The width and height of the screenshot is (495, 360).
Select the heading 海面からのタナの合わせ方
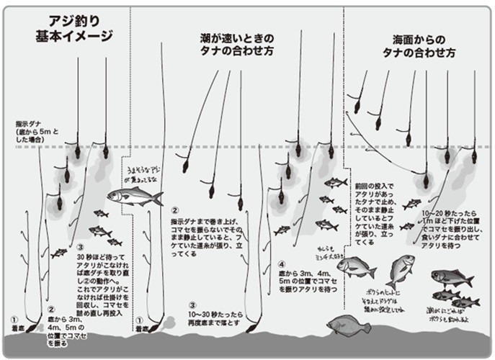(418, 47)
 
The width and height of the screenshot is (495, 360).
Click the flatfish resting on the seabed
(349, 326)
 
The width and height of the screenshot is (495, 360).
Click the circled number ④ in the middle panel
(282, 264)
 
